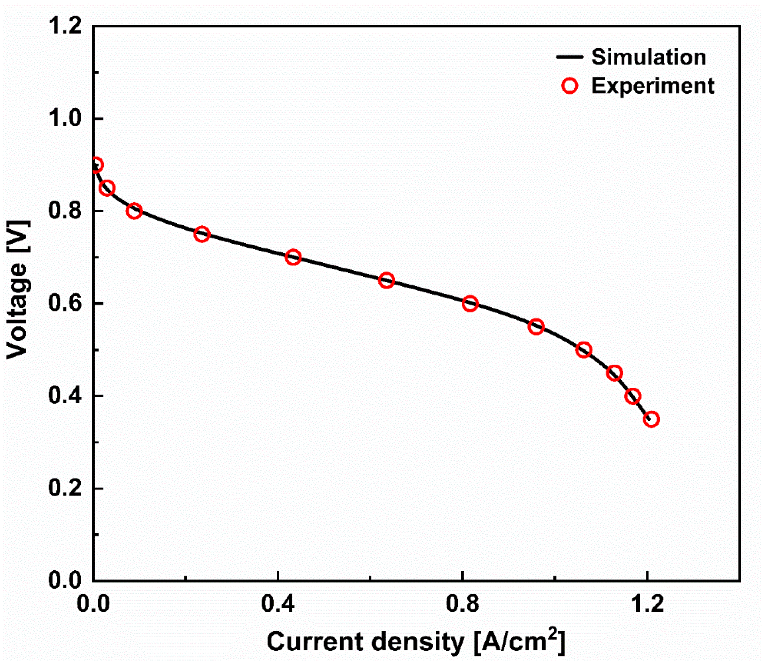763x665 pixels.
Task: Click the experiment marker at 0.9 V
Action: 96,165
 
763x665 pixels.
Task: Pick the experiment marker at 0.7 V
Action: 293,257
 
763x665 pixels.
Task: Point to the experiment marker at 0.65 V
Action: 386,281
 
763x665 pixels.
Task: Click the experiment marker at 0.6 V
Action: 470,303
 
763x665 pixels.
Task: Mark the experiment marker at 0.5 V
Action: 584,350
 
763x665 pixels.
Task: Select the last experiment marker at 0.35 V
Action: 651,419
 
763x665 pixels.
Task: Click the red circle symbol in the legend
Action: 570,86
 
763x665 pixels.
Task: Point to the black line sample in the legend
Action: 570,57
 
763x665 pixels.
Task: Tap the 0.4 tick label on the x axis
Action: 278,604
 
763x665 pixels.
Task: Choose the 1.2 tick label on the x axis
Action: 647,604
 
